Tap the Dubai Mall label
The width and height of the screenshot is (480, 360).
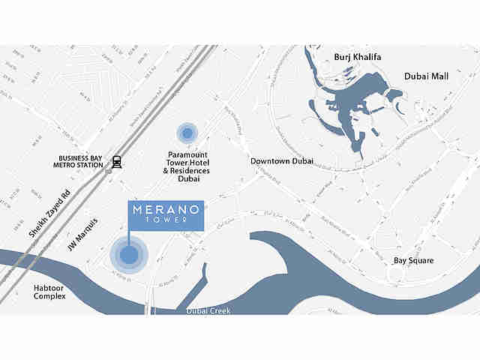pyautogui.click(x=425, y=76)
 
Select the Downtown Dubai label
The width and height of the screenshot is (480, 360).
pyautogui.click(x=282, y=161)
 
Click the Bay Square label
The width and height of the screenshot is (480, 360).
pyautogui.click(x=413, y=261)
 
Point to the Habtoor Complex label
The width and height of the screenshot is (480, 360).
pyautogui.click(x=49, y=292)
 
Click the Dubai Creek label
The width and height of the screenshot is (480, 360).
pyautogui.click(x=209, y=310)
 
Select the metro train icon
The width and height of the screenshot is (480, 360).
pyautogui.click(x=116, y=161)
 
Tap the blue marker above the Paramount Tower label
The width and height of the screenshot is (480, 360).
pyautogui.click(x=187, y=133)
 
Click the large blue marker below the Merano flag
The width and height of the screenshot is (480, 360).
pyautogui.click(x=129, y=256)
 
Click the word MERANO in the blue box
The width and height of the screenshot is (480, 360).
pyautogui.click(x=166, y=209)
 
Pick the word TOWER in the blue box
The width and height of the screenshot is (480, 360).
pyautogui.click(x=166, y=221)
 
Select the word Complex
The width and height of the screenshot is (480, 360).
pyautogui.click(x=49, y=296)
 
